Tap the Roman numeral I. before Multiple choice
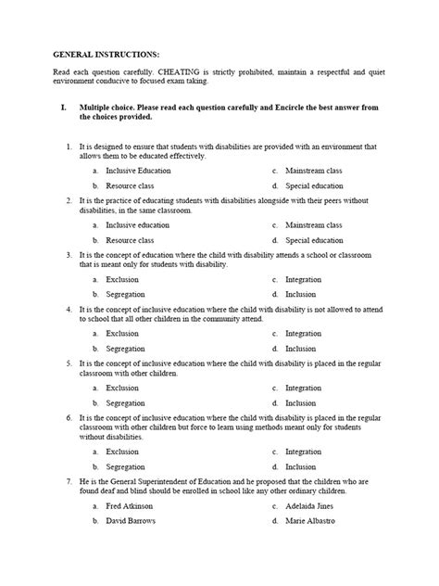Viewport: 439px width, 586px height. [x=63, y=108]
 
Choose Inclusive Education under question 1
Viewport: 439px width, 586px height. [x=138, y=172]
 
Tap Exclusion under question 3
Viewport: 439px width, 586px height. [x=122, y=279]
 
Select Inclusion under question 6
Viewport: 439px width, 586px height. [x=301, y=466]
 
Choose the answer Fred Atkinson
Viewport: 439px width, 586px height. [x=129, y=506]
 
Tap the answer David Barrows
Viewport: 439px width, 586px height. [x=131, y=520]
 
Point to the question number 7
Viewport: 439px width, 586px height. [x=69, y=482]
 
